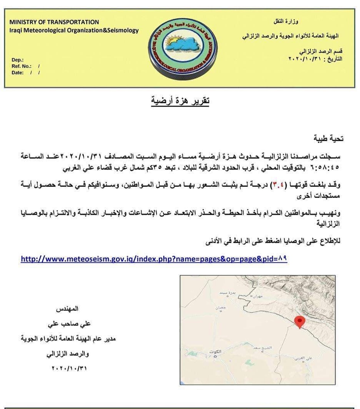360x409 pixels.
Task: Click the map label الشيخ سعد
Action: coord(262,347)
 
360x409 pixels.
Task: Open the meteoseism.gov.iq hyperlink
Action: coord(154,259)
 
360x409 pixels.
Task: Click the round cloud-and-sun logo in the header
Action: coord(182,48)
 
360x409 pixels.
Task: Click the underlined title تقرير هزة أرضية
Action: coord(180,101)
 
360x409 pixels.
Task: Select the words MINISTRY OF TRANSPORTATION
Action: coord(54,22)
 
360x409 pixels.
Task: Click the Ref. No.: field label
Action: coord(22,66)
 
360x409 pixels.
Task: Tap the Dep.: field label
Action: coord(18,60)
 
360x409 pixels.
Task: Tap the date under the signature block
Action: coord(69,368)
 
